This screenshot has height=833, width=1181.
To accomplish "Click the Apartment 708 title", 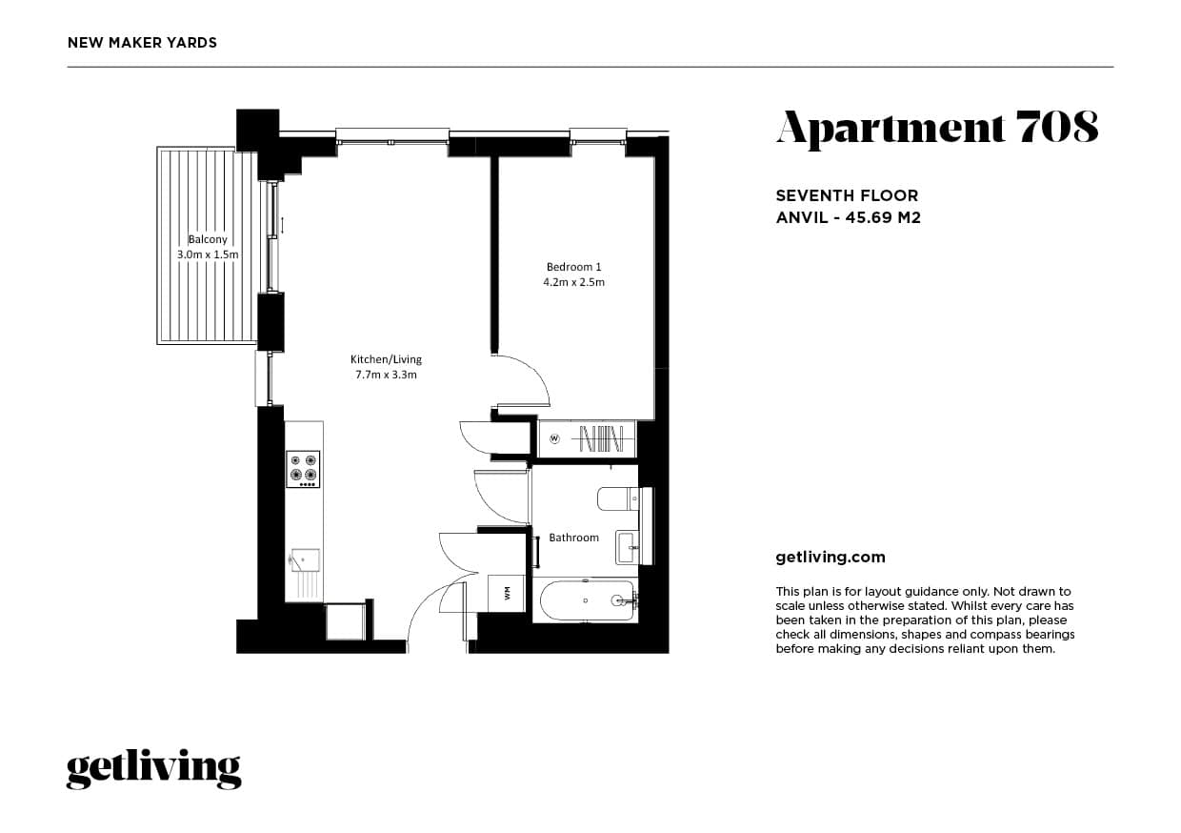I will coord(937,128).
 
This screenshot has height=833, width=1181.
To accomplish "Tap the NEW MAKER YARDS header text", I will coord(143,43).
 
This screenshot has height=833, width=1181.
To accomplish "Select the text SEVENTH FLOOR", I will coord(847,196).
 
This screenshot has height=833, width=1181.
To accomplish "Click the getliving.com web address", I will coord(831,558).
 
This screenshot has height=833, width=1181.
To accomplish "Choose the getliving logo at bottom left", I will coord(153,769).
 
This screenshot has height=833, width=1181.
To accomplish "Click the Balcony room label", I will coord(208,240).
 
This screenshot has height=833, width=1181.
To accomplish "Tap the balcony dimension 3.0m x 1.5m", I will coord(208,254).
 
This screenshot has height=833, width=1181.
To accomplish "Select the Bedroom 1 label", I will coord(573,267).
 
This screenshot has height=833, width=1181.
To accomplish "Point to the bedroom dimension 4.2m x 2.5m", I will coord(573,282).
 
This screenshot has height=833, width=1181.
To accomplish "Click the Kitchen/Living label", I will coord(386,359).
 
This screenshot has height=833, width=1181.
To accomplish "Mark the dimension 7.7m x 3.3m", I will coord(386,375).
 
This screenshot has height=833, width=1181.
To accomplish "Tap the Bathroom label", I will coord(573,538).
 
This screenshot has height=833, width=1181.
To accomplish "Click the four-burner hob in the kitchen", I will coord(303,469).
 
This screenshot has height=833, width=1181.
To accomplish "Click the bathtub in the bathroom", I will coord(586,600).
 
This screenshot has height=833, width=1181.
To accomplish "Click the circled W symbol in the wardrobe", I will coord(555,439).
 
